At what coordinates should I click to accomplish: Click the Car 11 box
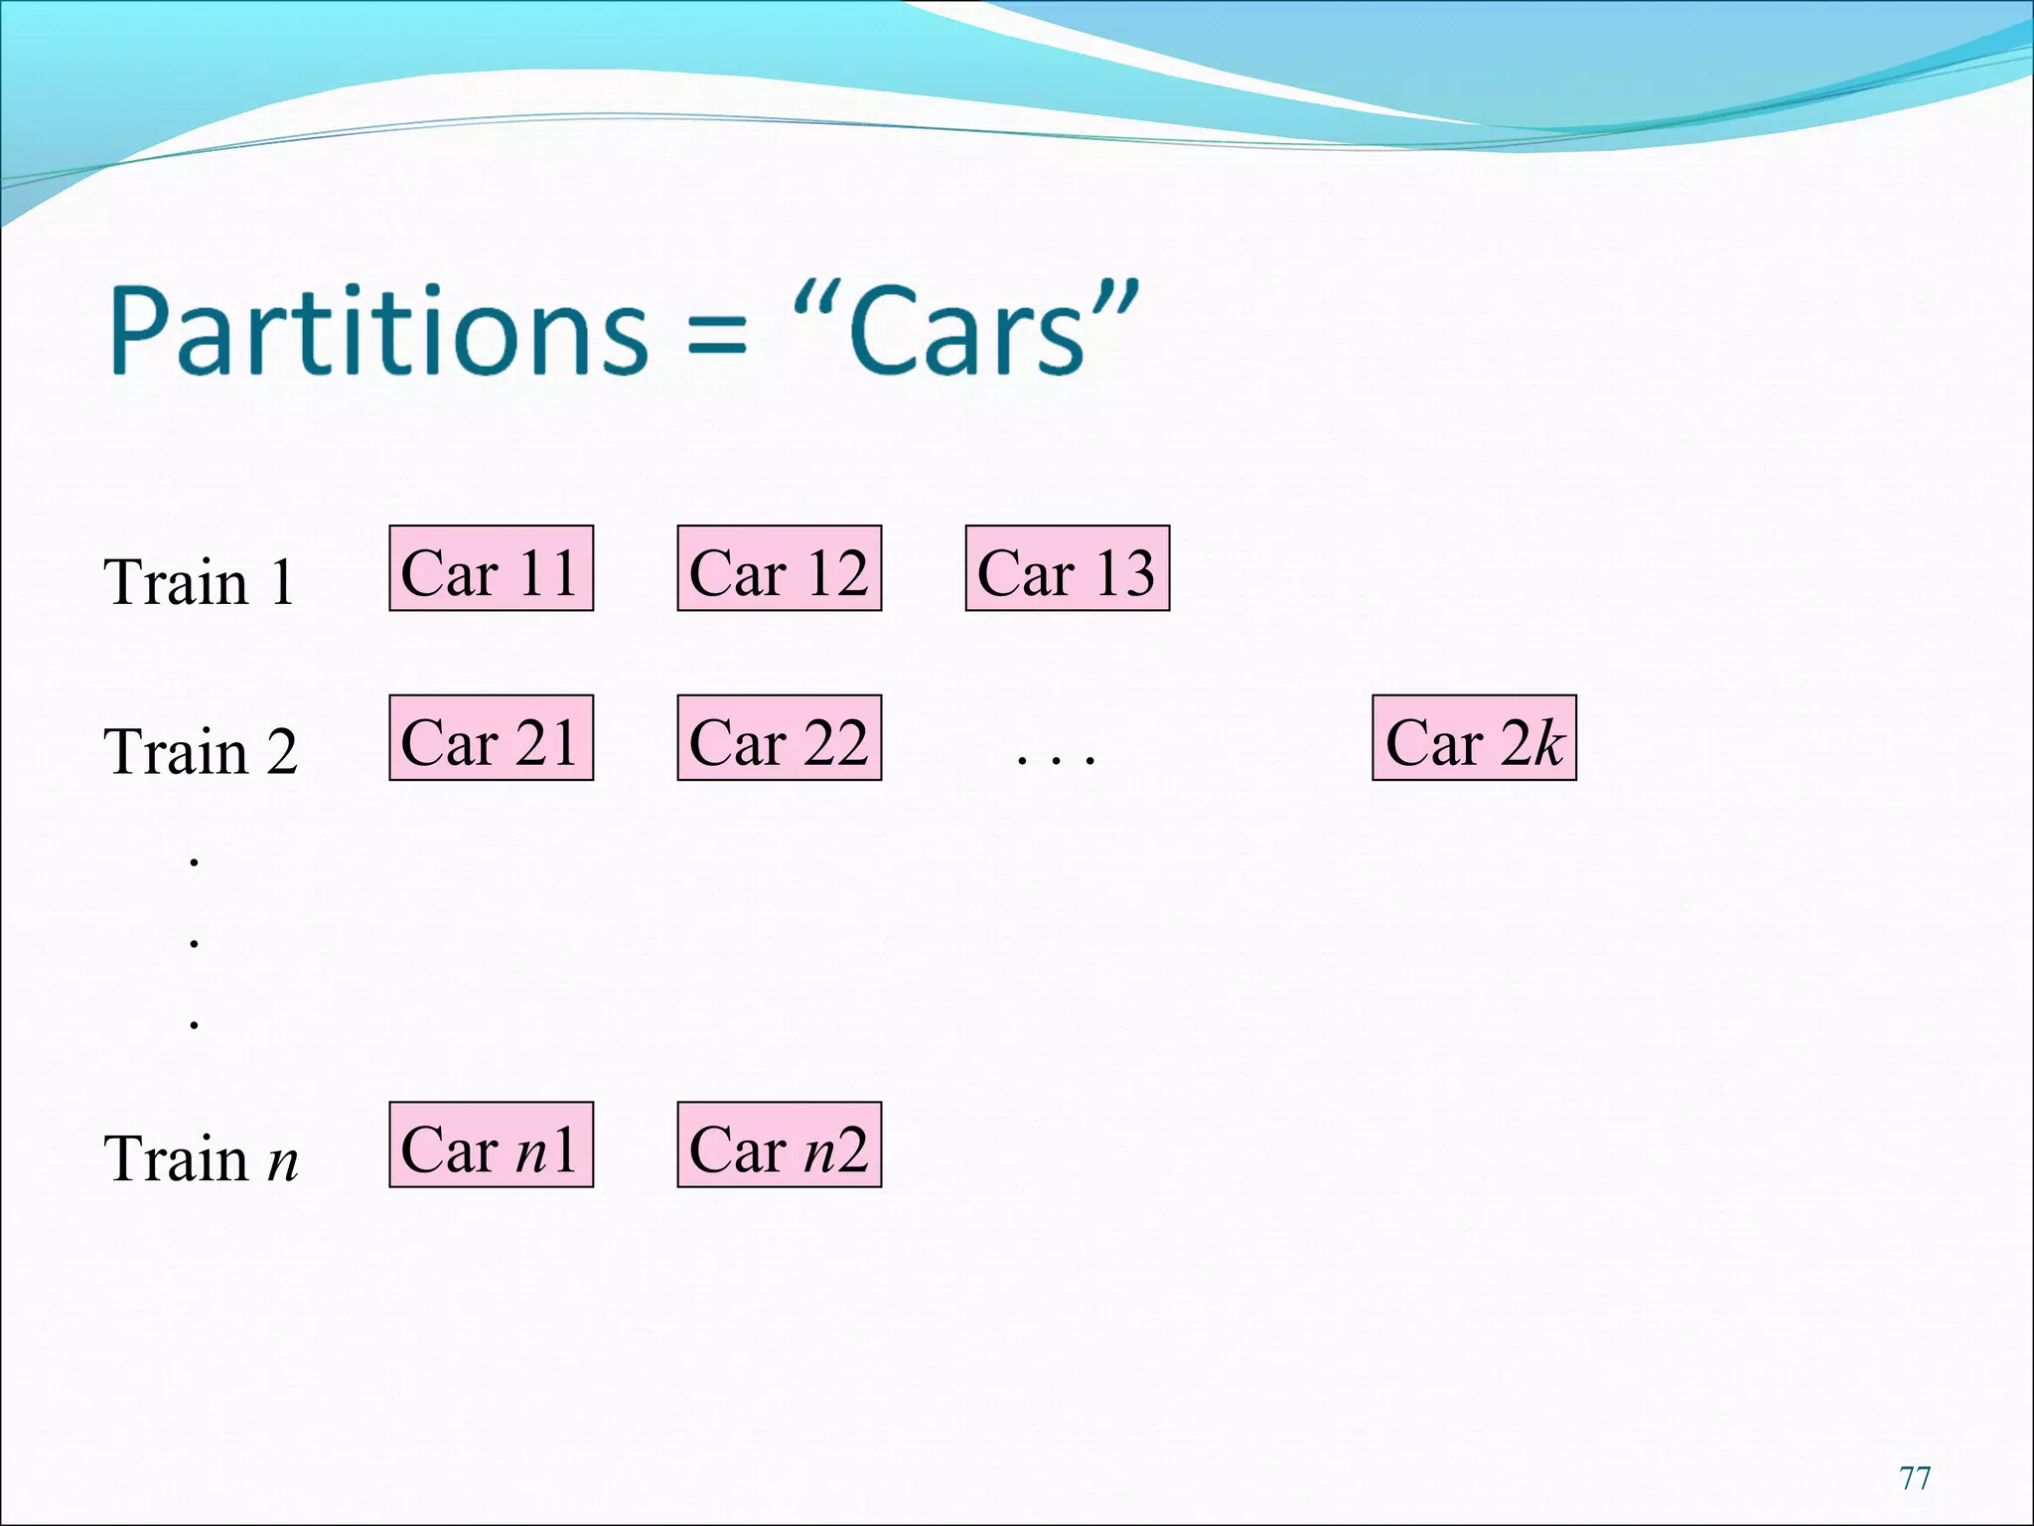tap(491, 568)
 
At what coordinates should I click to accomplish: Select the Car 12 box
tap(779, 568)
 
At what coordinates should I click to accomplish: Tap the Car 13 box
tap(1067, 568)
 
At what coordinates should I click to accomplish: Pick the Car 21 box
tap(491, 738)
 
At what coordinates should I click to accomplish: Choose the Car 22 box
tap(779, 738)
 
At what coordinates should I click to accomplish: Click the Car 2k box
tap(1474, 738)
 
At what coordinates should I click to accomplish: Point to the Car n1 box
tap(491, 1144)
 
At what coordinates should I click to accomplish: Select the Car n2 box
tap(779, 1144)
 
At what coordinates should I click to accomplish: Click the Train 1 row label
tap(200, 581)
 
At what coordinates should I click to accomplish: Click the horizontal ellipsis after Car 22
tap(1056, 759)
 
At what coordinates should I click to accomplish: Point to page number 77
tap(1915, 1478)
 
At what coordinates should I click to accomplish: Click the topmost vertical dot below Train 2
tap(195, 861)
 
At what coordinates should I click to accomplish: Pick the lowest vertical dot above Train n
tap(195, 1023)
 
